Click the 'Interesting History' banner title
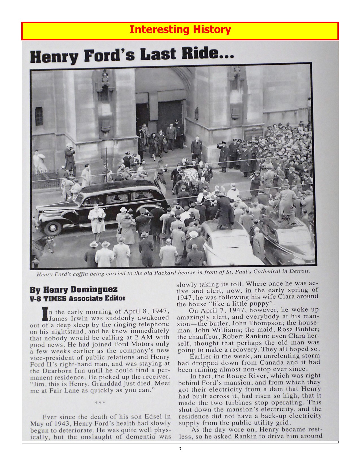[180, 30]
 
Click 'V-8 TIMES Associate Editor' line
[78, 298]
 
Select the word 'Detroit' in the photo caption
[299, 271]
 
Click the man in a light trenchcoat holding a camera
[97, 219]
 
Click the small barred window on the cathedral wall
[39, 116]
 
